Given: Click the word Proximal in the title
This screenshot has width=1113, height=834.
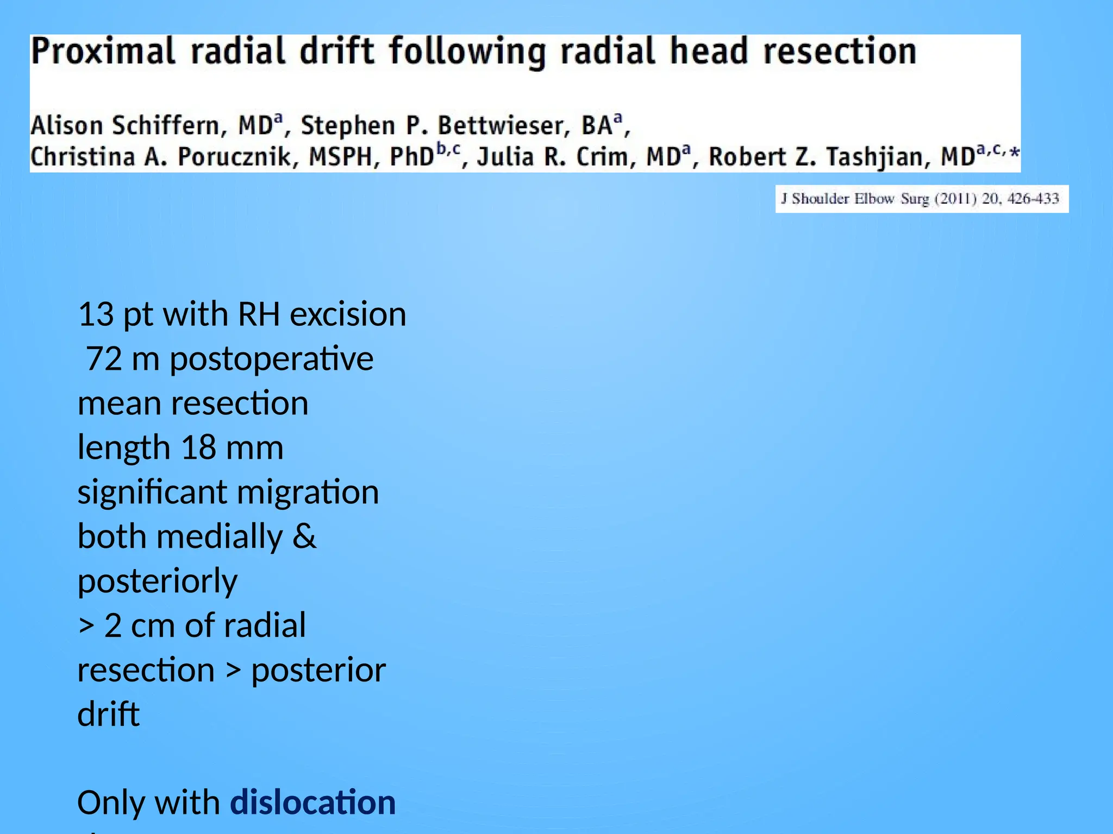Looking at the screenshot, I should tap(103, 52).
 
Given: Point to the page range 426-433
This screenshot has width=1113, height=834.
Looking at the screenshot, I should tap(1033, 199).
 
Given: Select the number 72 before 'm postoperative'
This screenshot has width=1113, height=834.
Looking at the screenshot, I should tap(104, 359).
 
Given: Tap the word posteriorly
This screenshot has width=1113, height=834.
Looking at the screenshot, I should tap(158, 582).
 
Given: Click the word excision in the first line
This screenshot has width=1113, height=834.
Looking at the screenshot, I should tap(348, 314).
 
